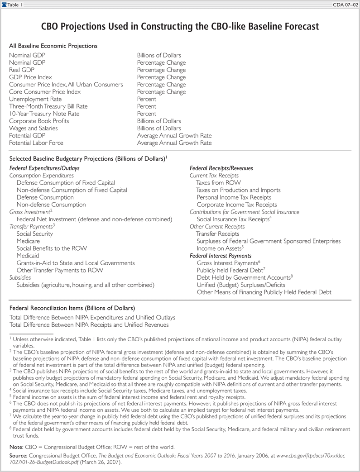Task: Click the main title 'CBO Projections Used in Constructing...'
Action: click(180, 27)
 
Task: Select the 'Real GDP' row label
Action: click(22, 70)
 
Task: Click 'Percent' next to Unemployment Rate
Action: click(147, 99)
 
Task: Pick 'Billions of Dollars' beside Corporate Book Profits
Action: click(159, 121)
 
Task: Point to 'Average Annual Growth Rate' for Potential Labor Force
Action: click(174, 143)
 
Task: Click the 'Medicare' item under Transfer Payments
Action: click(28, 241)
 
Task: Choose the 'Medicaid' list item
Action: click(28, 256)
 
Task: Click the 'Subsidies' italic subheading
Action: click(20, 277)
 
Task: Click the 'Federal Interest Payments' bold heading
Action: click(220, 256)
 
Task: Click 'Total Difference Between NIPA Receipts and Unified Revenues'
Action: click(89, 325)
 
